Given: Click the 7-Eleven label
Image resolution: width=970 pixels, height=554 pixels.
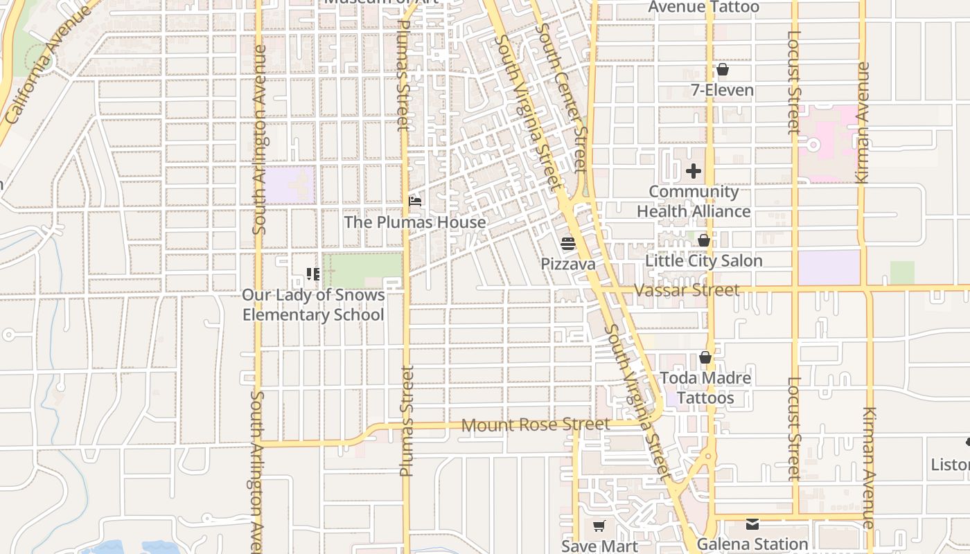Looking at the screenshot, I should (723, 90).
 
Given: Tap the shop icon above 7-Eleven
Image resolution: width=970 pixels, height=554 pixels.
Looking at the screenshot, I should (723, 70).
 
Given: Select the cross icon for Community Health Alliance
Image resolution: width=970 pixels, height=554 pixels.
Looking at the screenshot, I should (694, 170).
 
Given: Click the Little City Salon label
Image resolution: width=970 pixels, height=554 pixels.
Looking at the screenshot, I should (703, 261).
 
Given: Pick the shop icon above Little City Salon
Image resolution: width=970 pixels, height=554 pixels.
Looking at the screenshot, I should (704, 241).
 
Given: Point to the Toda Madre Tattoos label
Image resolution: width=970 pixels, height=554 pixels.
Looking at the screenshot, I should (705, 388).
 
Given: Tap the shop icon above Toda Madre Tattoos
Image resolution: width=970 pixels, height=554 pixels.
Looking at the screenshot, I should (705, 358).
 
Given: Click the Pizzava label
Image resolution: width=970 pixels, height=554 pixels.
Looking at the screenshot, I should (568, 264).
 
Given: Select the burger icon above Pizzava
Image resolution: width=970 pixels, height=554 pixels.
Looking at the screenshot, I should (568, 244).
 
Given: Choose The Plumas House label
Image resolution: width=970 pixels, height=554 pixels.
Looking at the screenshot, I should (415, 222).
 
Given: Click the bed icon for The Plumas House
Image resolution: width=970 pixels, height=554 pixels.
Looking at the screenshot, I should (416, 202).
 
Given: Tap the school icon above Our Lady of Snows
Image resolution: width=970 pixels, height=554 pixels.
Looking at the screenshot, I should (312, 274).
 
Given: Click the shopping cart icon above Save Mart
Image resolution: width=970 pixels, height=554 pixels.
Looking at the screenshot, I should (599, 526).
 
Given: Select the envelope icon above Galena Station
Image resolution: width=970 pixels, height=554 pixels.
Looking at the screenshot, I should (752, 524).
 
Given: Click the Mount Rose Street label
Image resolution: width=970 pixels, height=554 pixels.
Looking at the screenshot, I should (536, 425).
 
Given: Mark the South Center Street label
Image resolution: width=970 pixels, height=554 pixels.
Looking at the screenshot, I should (562, 97).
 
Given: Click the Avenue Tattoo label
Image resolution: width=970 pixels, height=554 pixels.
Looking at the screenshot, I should (704, 8).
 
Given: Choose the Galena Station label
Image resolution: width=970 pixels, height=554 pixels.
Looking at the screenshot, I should (752, 544).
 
